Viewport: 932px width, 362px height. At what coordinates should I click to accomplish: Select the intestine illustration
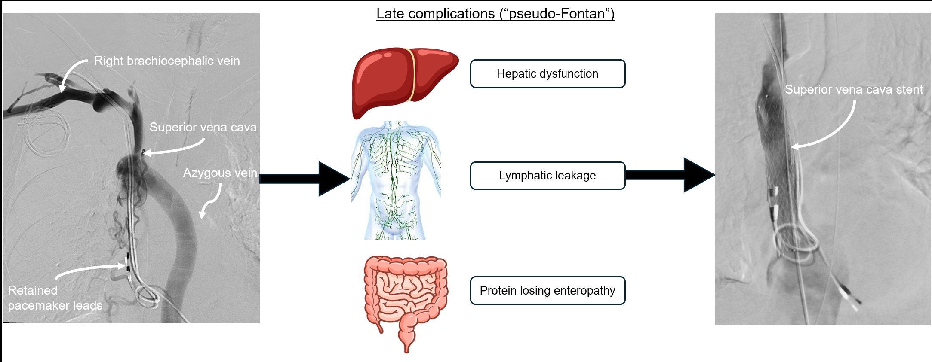[406, 296]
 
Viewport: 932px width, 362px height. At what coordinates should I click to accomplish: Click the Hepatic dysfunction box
[548, 74]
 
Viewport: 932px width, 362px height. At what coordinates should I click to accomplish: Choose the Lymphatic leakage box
[548, 176]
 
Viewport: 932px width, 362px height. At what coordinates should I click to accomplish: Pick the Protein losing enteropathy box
[548, 291]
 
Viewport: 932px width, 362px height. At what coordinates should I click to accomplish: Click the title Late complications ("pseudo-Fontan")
[495, 14]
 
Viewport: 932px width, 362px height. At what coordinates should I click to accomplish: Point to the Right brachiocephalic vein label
[167, 61]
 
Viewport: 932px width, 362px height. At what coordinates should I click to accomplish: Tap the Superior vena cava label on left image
[203, 128]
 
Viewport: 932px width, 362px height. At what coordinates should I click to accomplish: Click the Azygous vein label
[220, 173]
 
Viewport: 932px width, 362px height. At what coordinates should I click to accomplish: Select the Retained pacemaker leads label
[55, 298]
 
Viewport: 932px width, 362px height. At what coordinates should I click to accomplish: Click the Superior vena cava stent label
[854, 89]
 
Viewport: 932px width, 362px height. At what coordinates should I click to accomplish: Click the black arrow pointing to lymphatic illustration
[305, 179]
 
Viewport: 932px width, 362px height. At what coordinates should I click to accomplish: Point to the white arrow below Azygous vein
[211, 202]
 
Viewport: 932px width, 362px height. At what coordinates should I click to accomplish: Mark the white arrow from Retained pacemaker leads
[90, 269]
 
